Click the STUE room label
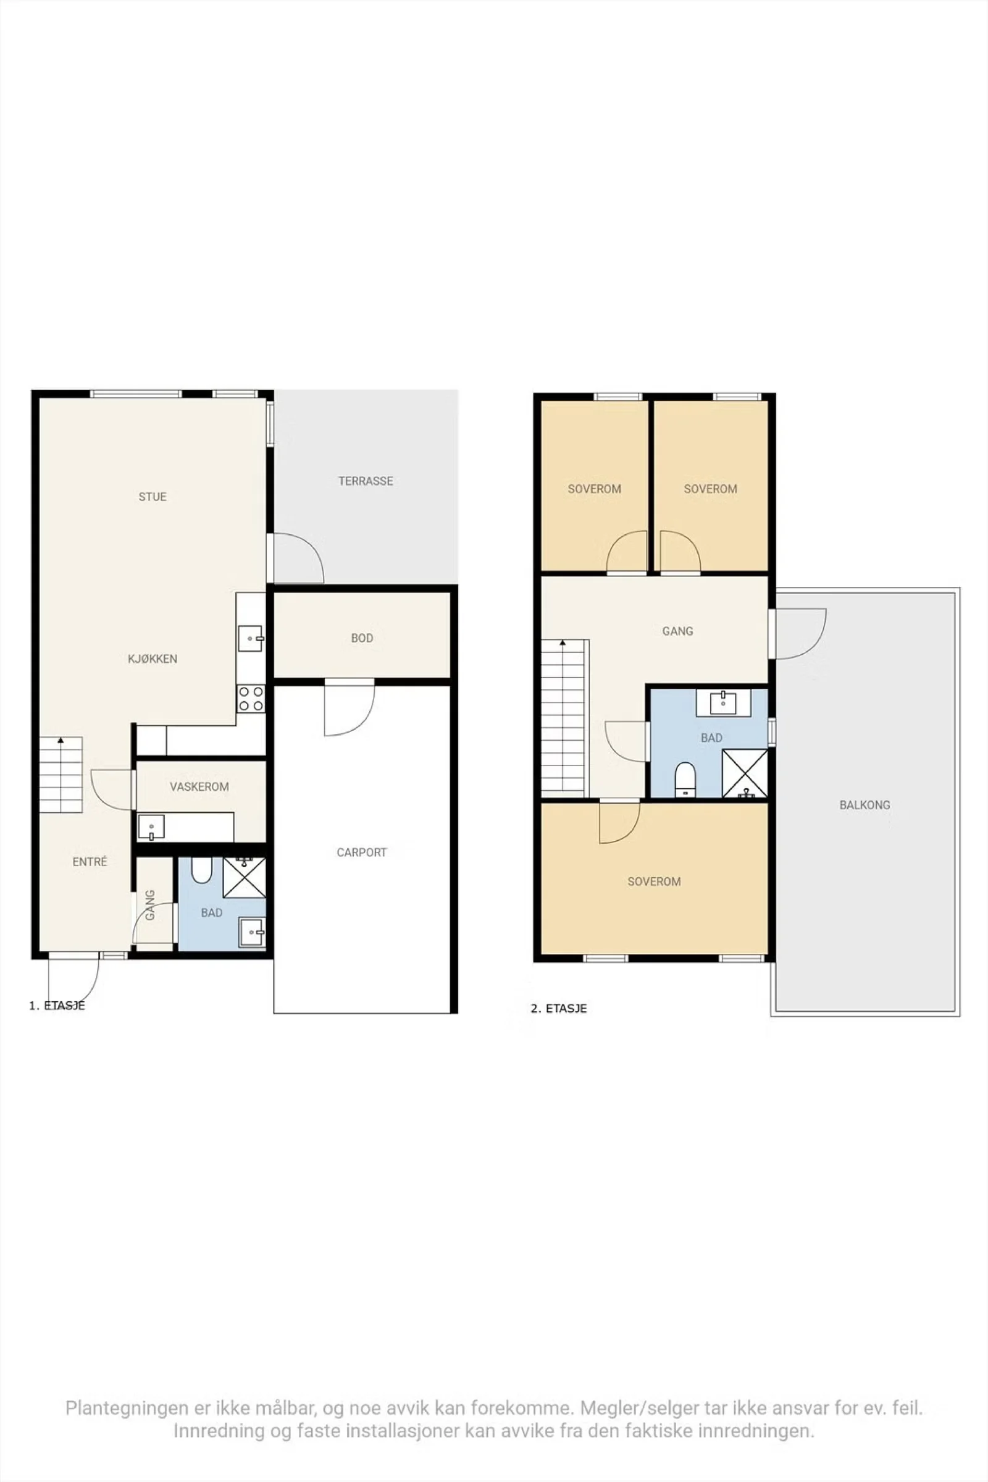153,497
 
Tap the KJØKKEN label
153,659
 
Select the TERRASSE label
366,481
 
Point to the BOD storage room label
362,638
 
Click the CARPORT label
362,853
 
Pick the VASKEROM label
199,786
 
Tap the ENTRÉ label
90,862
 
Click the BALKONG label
865,805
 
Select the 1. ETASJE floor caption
57,1006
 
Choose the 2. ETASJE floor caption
559,1009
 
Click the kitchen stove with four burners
251,699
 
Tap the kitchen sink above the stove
251,639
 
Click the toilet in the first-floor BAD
201,870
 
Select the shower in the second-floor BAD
745,773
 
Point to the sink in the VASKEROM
151,827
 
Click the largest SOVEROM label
654,882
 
